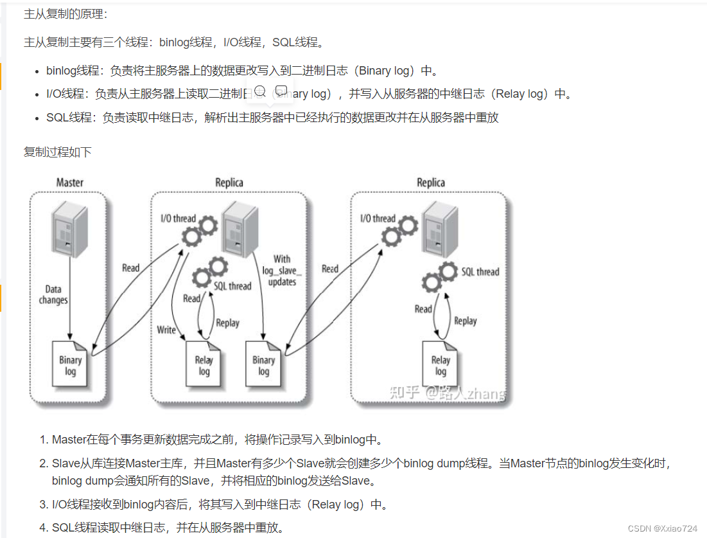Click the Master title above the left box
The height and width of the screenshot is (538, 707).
pos(69,183)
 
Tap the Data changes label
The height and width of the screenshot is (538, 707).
pos(53,295)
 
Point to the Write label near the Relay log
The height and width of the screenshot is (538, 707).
pos(166,330)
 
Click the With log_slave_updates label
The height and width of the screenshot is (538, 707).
pos(282,271)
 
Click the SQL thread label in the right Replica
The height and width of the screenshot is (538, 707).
pos(480,272)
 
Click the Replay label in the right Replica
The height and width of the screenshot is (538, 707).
pos(465,321)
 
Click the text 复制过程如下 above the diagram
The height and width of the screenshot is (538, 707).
pos(57,152)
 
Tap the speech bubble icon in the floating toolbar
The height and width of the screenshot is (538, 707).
pos(281,91)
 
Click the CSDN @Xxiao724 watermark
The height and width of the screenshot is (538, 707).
pos(662,528)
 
